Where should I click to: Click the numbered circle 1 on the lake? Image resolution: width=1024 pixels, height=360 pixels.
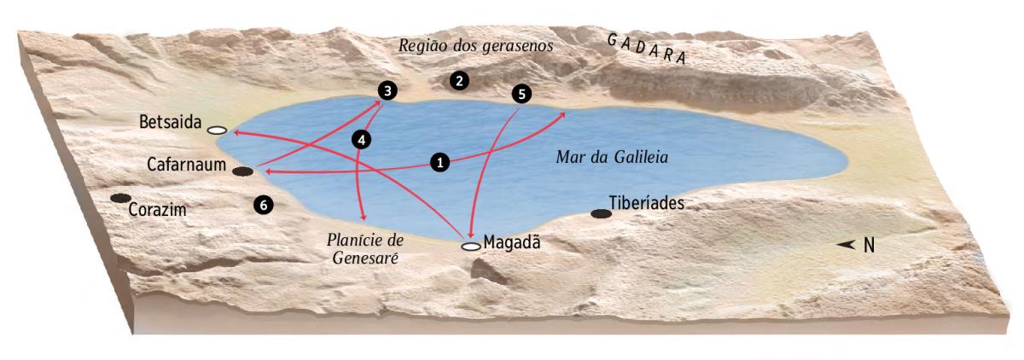tap(440, 161)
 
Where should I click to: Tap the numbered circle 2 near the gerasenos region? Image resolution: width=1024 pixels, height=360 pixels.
tap(459, 81)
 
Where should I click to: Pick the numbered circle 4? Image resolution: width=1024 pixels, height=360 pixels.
tap(362, 141)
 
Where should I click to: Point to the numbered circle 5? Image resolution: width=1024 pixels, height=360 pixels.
tap(521, 93)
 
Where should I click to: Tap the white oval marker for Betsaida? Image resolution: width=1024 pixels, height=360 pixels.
tap(217, 131)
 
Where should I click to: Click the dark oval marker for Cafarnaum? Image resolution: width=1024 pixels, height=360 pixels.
tap(243, 171)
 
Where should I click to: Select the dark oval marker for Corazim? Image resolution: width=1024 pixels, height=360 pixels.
tap(120, 198)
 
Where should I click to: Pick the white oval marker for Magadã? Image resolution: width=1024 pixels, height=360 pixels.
tap(471, 247)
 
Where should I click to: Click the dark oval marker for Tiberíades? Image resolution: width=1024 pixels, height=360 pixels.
tap(601, 212)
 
